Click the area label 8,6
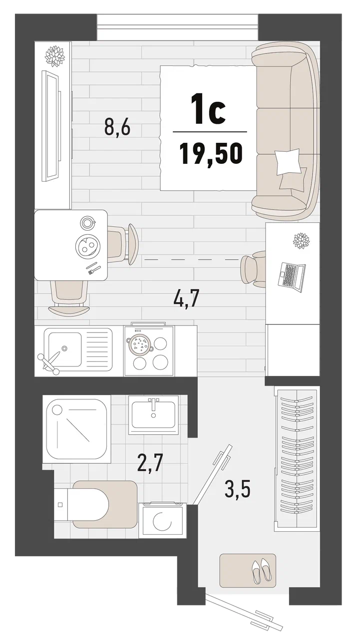117,127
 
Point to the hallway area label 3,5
237,488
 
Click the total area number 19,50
211,154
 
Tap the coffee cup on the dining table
88,222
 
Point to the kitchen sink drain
65,348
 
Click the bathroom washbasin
153,414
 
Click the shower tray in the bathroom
76,429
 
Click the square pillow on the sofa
288,161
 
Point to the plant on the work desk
301,240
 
